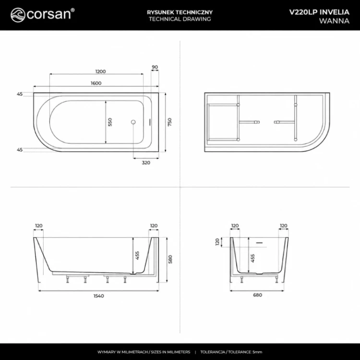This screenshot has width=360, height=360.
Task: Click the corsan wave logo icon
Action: click(x=18, y=15)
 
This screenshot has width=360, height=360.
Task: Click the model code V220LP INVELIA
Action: click(x=319, y=12)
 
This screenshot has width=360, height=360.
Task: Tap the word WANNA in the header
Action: click(x=334, y=21)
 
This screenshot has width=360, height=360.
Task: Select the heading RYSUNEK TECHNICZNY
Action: click(x=180, y=12)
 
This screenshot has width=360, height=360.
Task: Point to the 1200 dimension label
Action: click(x=101, y=72)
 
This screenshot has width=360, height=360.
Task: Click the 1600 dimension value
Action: click(x=96, y=83)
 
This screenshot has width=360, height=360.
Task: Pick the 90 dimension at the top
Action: click(x=155, y=67)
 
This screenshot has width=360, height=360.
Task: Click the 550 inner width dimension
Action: click(x=110, y=122)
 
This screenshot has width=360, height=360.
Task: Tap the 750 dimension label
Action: click(x=169, y=122)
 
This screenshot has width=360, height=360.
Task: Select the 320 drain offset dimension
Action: click(x=146, y=163)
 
